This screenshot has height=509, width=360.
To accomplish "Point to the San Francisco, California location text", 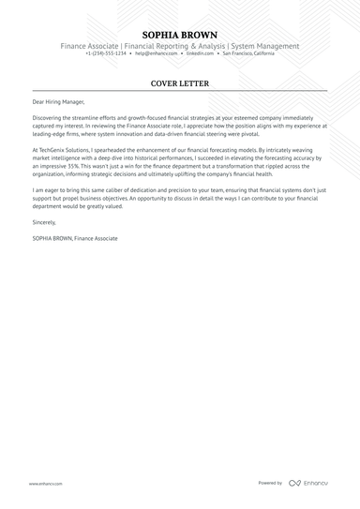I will coord(249,53).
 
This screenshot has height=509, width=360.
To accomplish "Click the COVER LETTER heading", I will coord(180,83).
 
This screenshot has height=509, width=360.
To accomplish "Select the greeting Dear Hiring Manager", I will coord(57,101).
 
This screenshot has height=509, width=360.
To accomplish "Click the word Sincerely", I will coord(44,223).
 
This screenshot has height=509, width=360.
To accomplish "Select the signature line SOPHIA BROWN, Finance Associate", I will coord(74,239).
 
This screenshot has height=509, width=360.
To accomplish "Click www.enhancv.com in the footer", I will coord(46,484).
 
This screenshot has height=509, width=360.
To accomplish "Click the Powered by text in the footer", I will coord(270,483).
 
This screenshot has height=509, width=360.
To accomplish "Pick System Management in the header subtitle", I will coord(263,46).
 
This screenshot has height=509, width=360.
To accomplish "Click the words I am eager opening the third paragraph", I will coord(46,190).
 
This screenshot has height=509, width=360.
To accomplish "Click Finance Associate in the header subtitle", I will coord(90,46).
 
